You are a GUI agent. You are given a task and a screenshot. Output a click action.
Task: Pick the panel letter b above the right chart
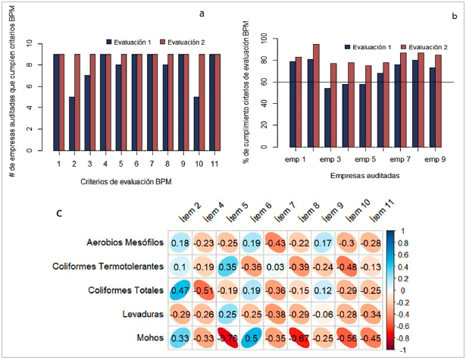(452, 14)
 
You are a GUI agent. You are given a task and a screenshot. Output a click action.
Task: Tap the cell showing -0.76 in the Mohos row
(229, 337)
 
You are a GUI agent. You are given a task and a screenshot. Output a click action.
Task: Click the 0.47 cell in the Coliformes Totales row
(180, 290)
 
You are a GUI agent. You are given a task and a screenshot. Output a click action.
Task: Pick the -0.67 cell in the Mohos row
(301, 337)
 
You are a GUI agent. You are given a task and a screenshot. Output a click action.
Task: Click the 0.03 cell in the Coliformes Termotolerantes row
(277, 266)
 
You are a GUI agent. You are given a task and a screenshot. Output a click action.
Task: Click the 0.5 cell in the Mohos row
(253, 337)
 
